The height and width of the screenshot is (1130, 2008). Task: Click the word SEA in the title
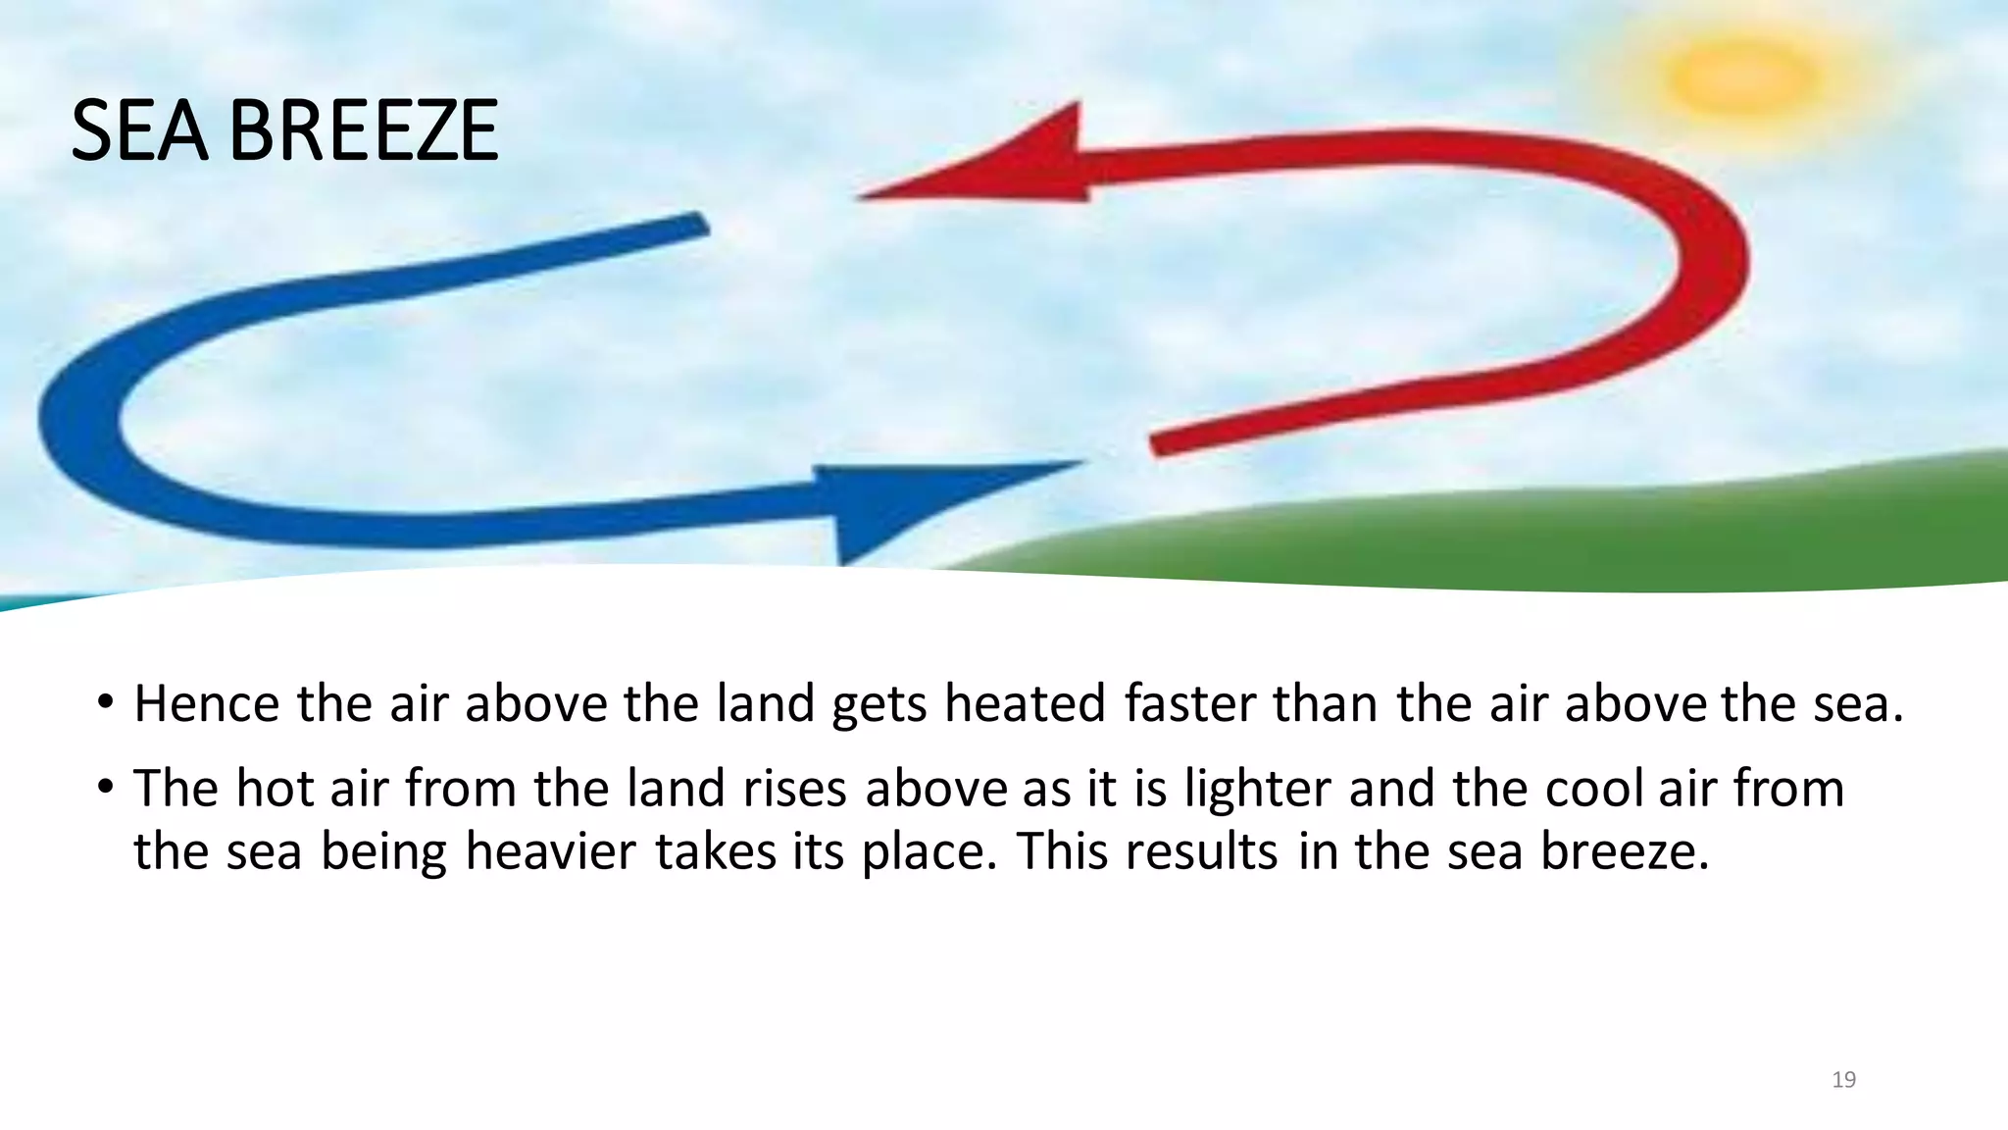138,130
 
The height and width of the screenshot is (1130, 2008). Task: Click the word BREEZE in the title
364,130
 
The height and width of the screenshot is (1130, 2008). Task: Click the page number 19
1843,1080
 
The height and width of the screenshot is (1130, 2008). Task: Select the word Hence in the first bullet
207,704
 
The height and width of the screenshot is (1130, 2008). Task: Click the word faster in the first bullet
1189,704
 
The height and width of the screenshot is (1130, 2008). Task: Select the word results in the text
1201,851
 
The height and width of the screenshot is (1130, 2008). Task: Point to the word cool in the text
1594,789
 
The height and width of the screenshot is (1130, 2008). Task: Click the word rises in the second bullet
794,789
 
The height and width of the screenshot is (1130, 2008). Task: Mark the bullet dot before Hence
106,702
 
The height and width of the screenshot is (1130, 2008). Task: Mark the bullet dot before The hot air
106,787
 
